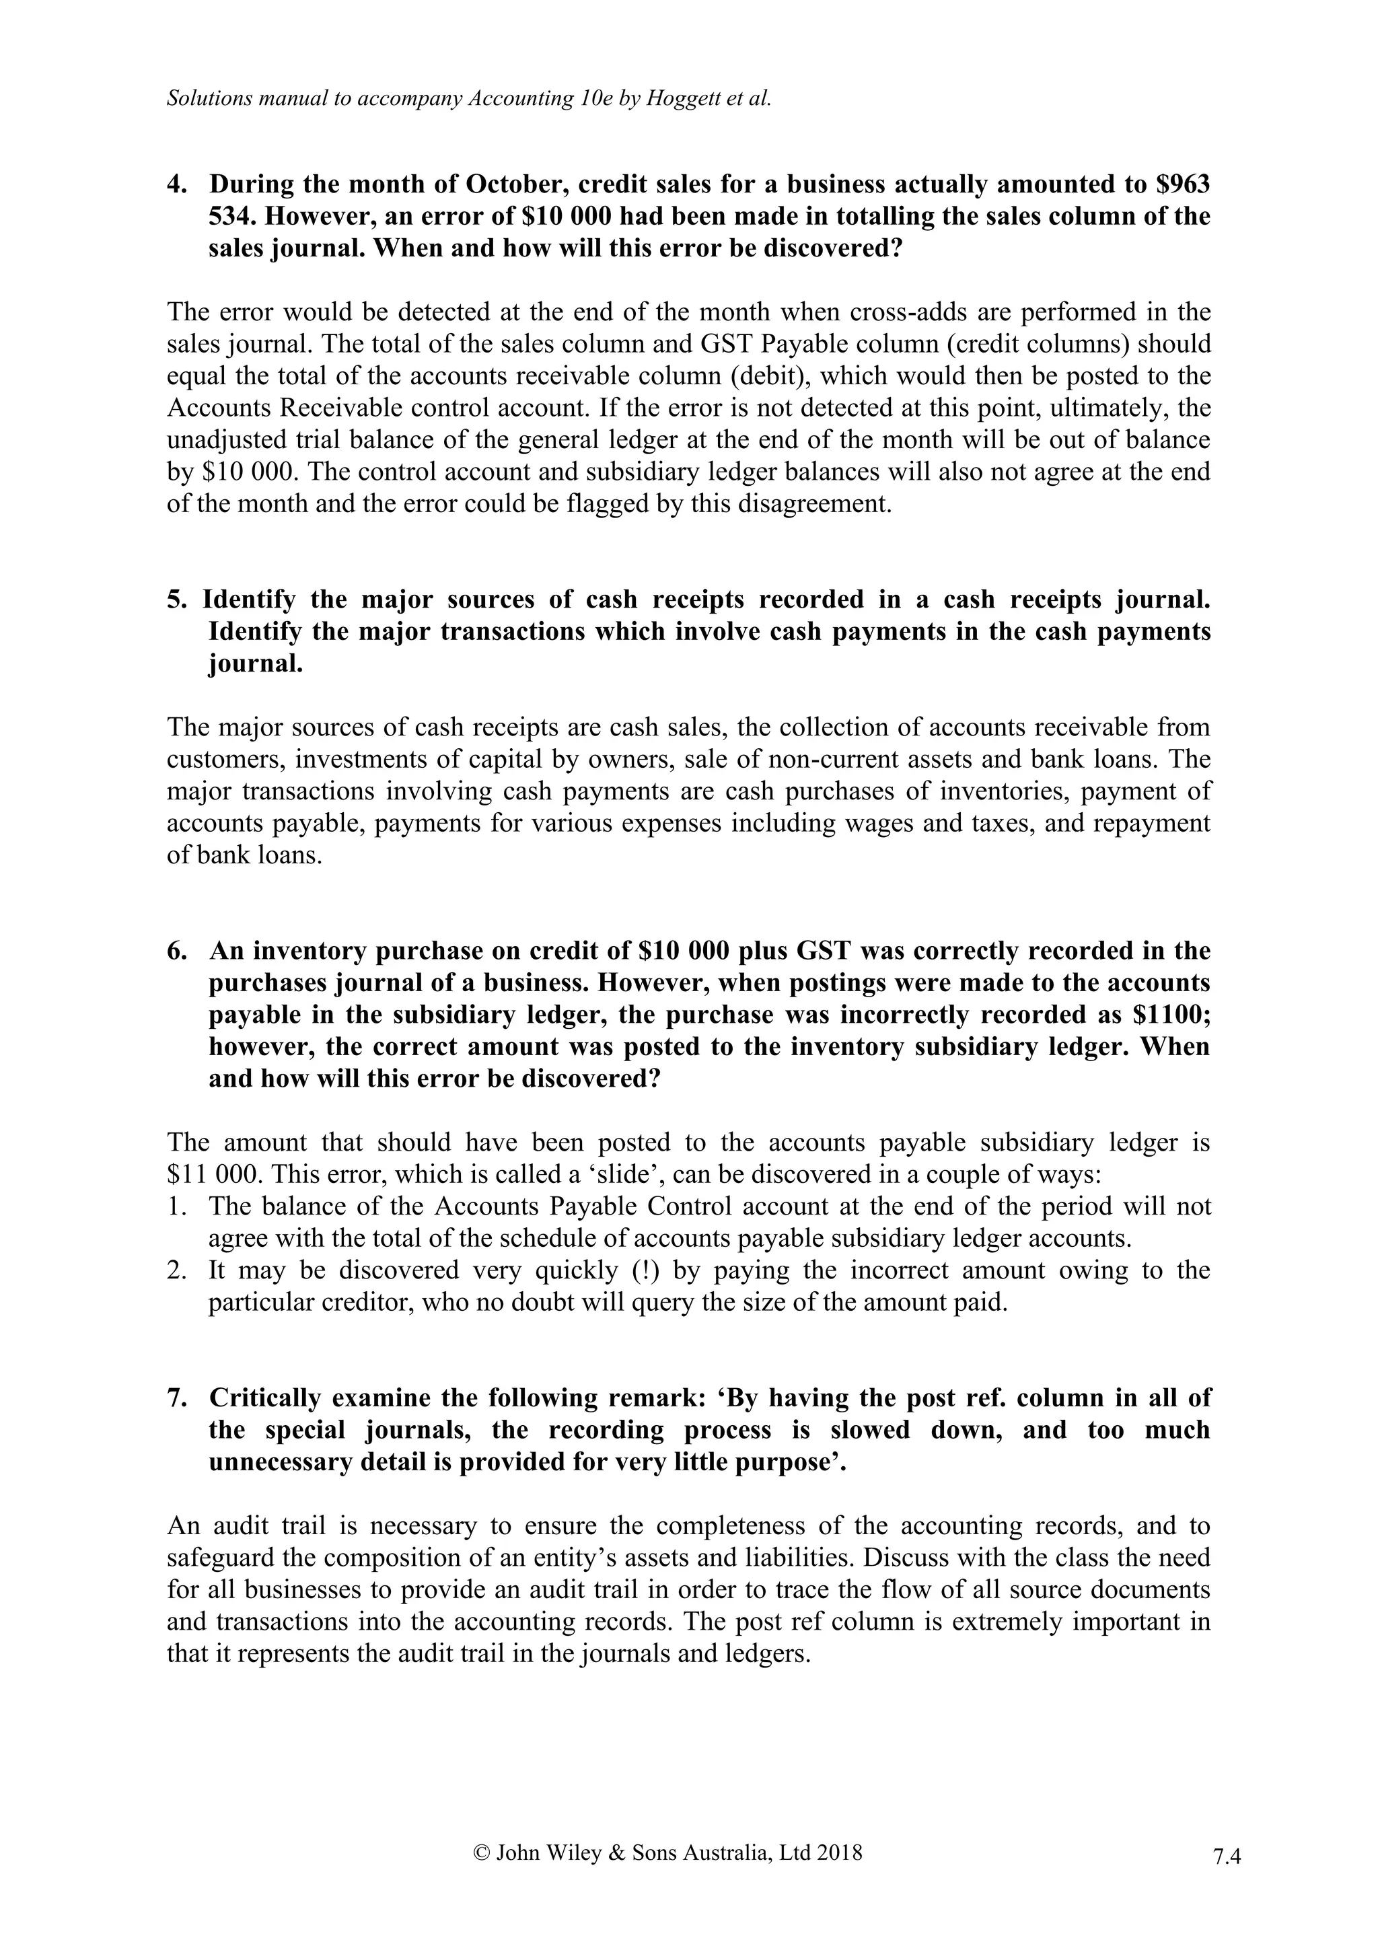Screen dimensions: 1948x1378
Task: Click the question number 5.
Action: [176, 600]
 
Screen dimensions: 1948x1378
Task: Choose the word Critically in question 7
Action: [270, 1398]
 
